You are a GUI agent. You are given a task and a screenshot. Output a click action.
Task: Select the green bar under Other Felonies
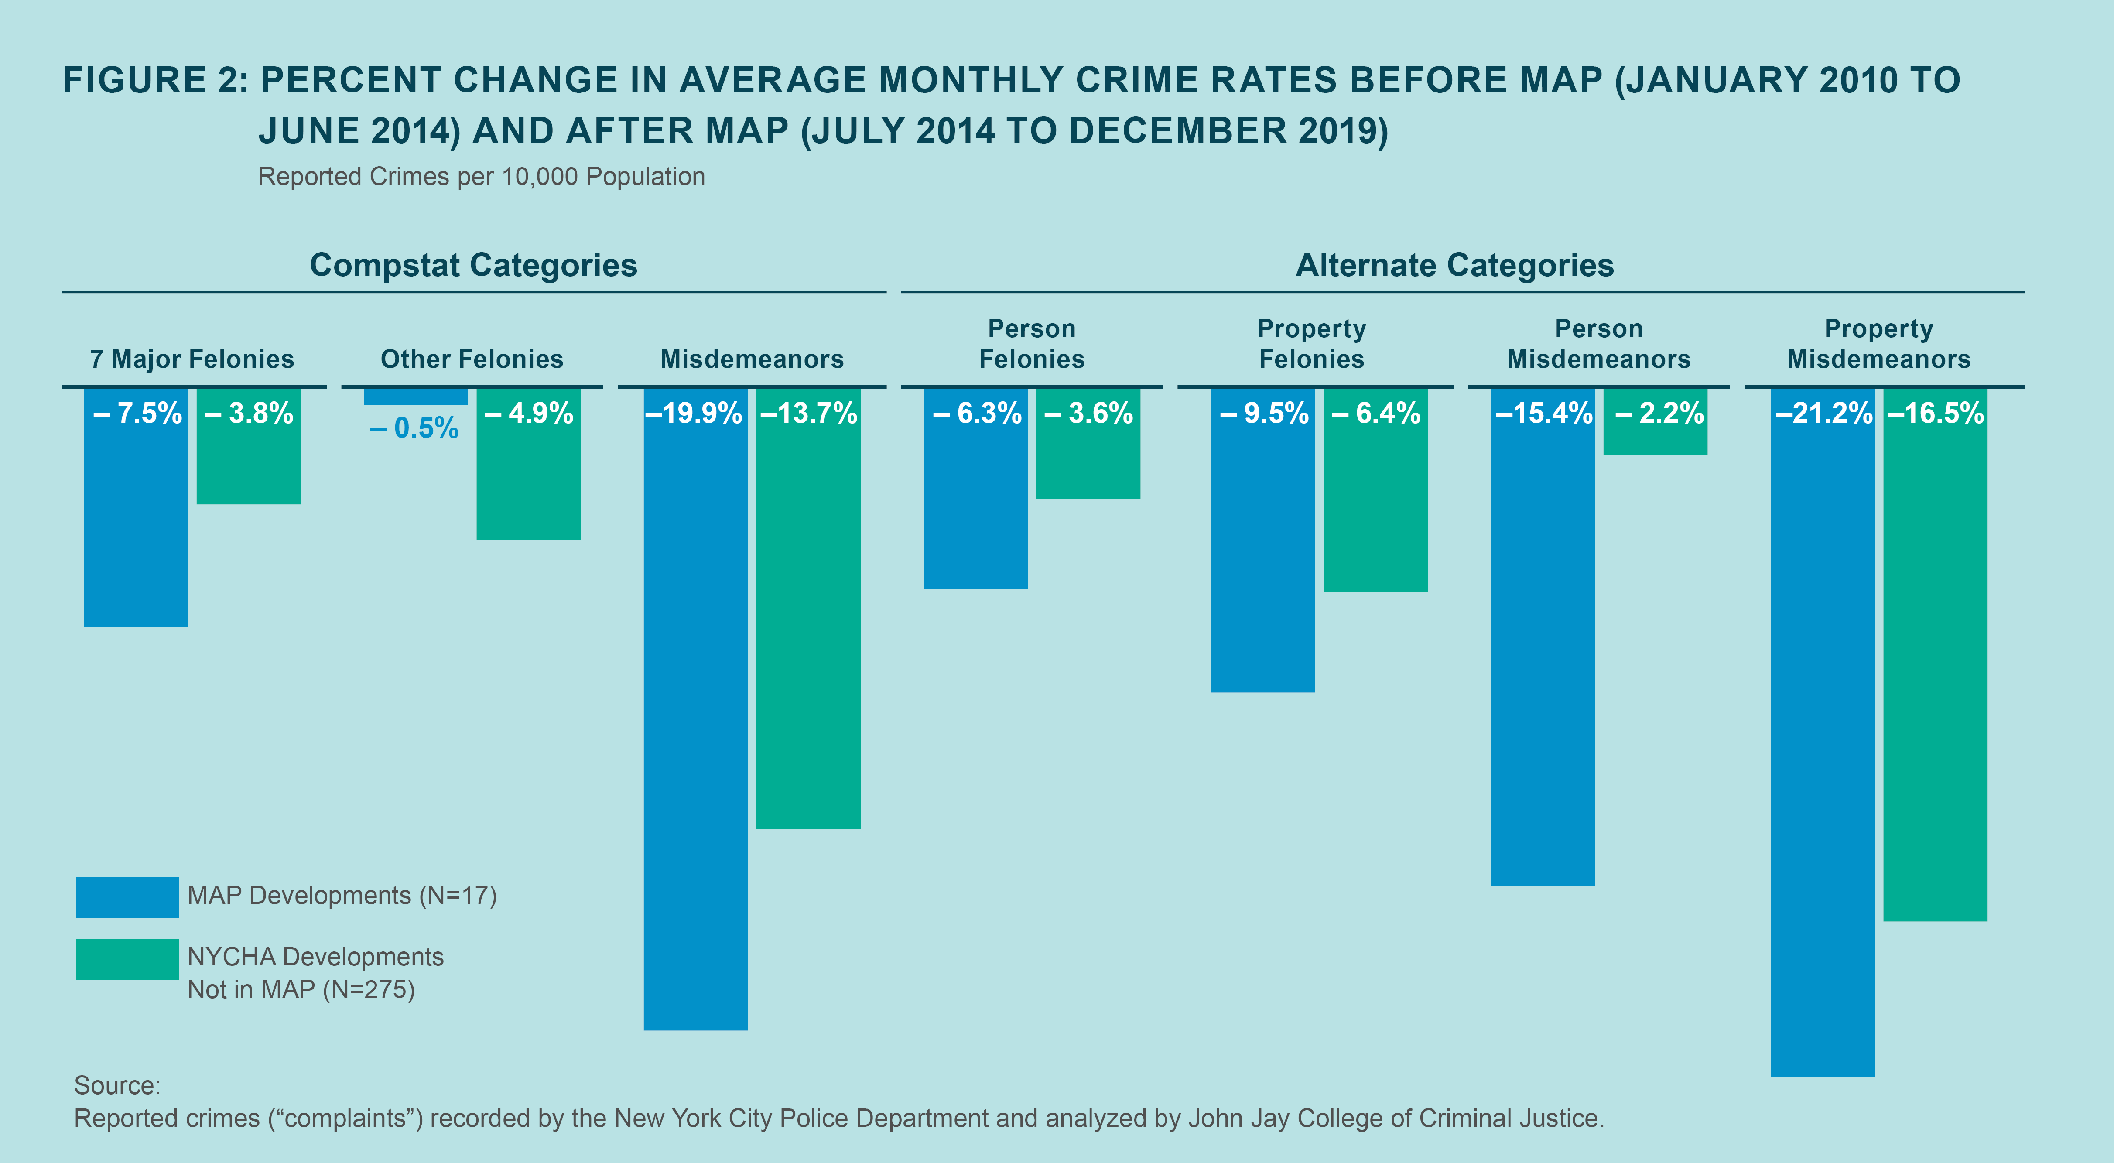(x=529, y=484)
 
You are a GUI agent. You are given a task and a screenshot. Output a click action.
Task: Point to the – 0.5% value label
(x=414, y=428)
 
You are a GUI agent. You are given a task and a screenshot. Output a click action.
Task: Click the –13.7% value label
(x=808, y=413)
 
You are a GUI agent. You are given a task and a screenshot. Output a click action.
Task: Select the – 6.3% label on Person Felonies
(x=977, y=413)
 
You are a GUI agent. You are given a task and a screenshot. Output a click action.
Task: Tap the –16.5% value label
(x=1935, y=413)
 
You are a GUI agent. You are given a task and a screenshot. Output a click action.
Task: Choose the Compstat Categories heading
(x=473, y=265)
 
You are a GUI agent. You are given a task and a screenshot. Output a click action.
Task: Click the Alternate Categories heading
(x=1454, y=265)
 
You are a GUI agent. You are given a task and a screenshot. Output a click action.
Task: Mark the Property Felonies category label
(x=1311, y=344)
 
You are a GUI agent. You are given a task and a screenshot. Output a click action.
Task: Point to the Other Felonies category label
(x=472, y=359)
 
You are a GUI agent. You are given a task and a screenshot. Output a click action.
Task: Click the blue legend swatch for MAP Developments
(x=127, y=897)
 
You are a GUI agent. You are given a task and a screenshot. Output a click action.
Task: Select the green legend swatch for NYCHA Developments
(x=127, y=959)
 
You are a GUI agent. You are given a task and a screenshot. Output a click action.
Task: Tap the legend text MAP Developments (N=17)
(x=342, y=896)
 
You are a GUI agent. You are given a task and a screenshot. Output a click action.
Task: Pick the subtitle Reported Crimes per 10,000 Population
(x=482, y=177)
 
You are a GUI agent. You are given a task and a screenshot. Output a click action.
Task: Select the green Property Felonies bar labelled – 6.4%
(x=1375, y=509)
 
